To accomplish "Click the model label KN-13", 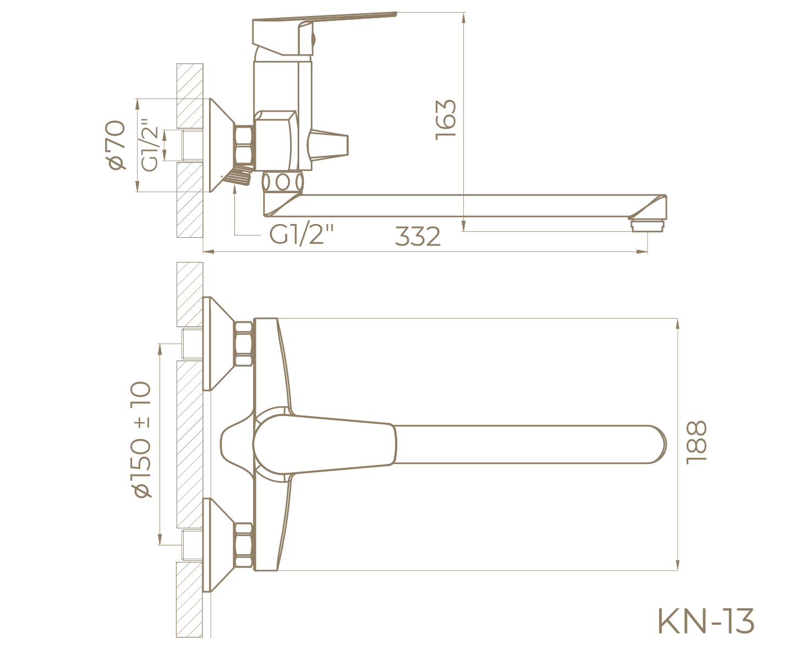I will [706, 621].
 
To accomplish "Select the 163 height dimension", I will [446, 119].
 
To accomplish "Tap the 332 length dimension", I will [418, 237].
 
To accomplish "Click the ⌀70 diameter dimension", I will [117, 145].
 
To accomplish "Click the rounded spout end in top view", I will [655, 444].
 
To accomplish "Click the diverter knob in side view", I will [329, 146].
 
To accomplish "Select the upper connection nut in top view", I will [244, 344].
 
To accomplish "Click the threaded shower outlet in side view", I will [240, 177].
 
